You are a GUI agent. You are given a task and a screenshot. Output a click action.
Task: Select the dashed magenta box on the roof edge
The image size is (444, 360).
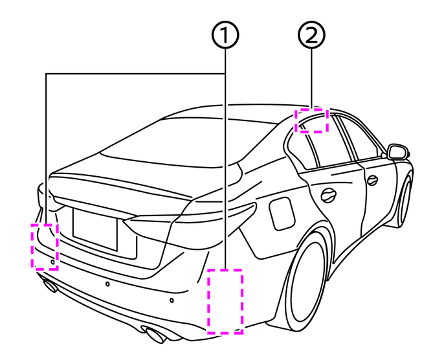(312, 120)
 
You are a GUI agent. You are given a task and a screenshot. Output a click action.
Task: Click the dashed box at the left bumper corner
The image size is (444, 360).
(45, 245)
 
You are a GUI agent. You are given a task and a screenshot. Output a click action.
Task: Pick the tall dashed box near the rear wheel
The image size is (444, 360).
(225, 302)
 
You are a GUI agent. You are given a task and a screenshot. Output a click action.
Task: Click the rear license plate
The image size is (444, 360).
(95, 229)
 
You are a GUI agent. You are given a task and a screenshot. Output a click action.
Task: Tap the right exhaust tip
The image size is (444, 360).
(155, 335)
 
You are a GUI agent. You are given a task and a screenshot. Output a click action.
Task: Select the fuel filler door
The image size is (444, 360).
(282, 214)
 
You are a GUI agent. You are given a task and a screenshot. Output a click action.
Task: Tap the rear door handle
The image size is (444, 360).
(329, 194)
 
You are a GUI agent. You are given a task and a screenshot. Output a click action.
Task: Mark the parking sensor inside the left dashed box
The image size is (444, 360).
(52, 260)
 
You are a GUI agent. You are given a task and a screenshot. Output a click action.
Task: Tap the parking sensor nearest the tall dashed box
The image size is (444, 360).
(172, 302)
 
